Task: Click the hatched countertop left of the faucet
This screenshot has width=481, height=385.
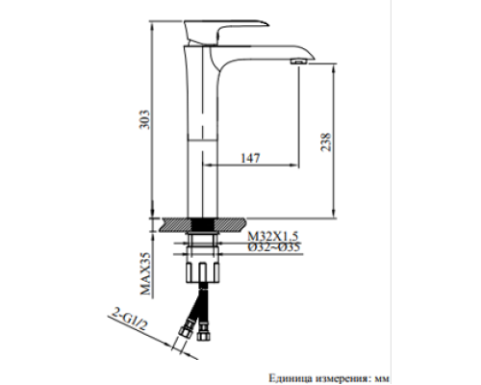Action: pos(174,223)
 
